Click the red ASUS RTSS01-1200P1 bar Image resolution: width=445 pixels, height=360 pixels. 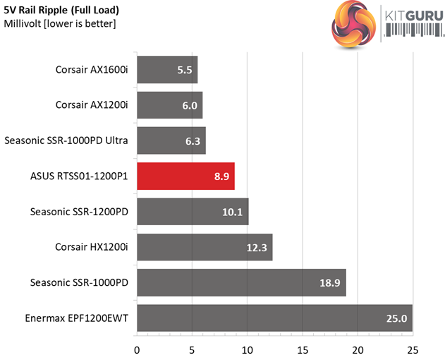click(x=185, y=176)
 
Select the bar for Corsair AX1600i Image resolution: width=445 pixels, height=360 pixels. click(x=167, y=70)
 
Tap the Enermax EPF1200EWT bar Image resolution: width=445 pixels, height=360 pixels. click(x=274, y=318)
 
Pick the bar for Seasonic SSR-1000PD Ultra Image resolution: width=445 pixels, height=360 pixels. click(x=171, y=140)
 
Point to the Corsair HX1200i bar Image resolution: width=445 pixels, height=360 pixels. click(x=205, y=247)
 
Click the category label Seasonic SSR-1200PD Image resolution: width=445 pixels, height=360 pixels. click(x=79, y=211)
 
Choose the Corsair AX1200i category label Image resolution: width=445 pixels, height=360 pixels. click(x=92, y=105)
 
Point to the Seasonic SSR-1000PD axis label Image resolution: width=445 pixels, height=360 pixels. click(x=79, y=282)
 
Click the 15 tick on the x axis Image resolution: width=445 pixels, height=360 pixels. click(x=303, y=349)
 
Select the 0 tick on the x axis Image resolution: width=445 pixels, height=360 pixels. click(x=137, y=349)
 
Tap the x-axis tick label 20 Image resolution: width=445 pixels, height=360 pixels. click(x=358, y=349)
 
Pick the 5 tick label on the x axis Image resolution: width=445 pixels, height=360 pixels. click(x=192, y=349)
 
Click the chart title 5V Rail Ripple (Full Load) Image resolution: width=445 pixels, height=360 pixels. click(x=61, y=11)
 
